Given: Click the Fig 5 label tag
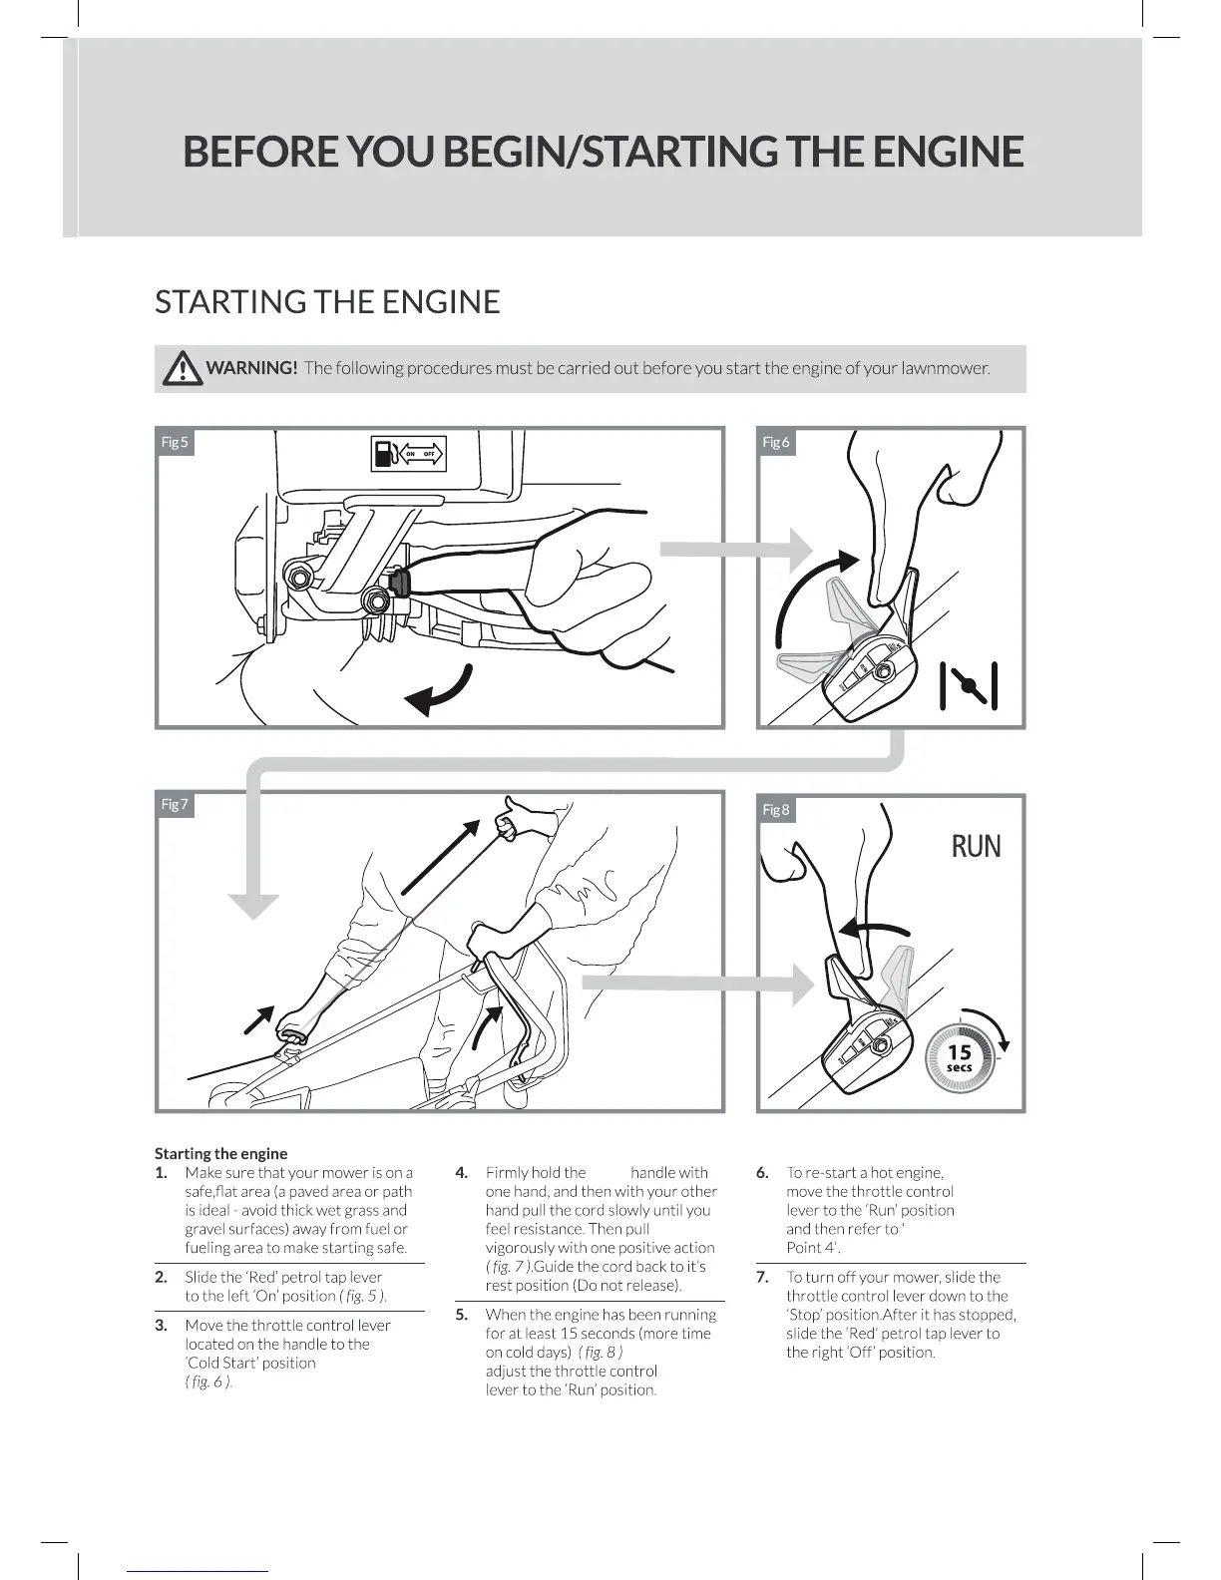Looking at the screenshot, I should (175, 442).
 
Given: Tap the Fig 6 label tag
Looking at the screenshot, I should (776, 442).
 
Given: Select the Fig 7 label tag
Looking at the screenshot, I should (175, 804).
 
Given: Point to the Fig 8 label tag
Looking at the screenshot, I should (776, 809).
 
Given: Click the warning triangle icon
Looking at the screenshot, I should (182, 369).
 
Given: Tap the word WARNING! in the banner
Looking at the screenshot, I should (251, 368).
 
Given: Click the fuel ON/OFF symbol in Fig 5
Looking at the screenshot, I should (407, 454).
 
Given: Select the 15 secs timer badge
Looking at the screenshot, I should (959, 1058).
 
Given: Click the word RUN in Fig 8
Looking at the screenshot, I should (975, 847).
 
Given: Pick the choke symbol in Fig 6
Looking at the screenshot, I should (969, 685).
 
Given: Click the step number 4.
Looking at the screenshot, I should (462, 1173).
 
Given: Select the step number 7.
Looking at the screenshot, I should (762, 1277).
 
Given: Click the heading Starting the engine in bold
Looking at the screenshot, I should (220, 1153).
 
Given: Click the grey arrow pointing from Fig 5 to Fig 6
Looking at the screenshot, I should (738, 549).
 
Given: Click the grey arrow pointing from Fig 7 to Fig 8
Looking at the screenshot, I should (698, 984).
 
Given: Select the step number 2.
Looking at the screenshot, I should (161, 1277).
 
